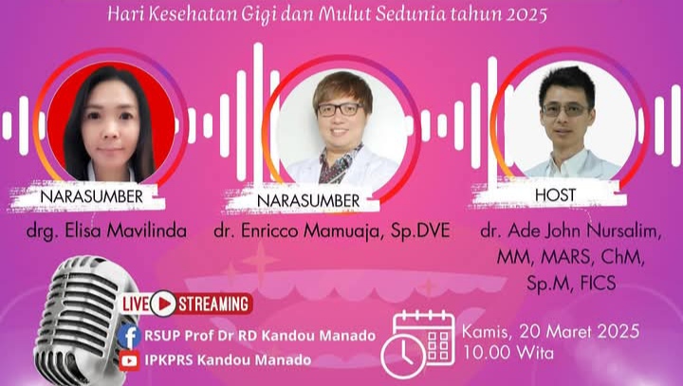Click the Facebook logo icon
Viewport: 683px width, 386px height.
[129, 337]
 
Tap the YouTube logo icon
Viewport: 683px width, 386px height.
[129, 360]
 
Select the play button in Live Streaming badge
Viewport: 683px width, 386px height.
[163, 303]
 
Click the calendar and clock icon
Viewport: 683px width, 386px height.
[417, 344]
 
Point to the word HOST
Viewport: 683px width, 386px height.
[555, 194]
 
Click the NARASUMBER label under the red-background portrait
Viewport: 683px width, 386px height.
[91, 196]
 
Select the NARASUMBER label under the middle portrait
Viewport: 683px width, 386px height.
[308, 201]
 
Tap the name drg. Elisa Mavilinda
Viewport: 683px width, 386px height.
[106, 230]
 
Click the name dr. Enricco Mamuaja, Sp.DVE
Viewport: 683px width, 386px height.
[331, 230]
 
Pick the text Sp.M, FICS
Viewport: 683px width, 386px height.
[571, 284]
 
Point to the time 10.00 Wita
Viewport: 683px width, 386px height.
[508, 352]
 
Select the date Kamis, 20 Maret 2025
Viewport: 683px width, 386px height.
[550, 332]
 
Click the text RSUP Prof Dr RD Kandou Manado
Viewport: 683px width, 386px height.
[260, 336]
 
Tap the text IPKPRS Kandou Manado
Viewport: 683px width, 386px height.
[228, 360]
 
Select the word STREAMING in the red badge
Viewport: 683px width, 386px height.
[213, 304]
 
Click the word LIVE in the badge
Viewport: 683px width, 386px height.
[136, 304]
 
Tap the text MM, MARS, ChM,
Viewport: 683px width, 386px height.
[571, 257]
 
